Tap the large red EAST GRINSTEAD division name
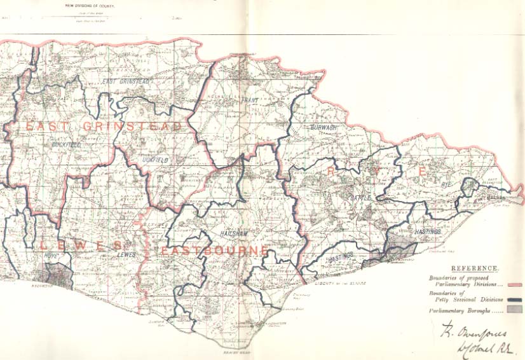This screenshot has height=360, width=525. [x=103, y=127]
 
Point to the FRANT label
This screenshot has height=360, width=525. [x=250, y=100]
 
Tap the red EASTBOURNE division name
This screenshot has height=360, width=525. [x=214, y=251]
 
